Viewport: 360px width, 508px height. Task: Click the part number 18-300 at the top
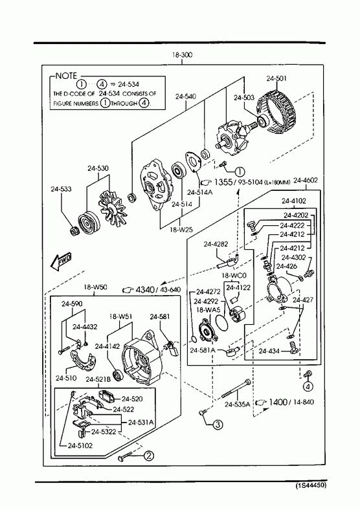(x=182, y=55)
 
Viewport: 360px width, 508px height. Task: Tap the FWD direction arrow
(x=61, y=261)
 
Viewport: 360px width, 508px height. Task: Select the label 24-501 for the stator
(x=276, y=78)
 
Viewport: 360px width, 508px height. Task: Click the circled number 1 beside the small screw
(x=240, y=171)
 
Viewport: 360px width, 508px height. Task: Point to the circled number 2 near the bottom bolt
(x=148, y=456)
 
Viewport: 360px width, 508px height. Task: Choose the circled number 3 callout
(x=218, y=424)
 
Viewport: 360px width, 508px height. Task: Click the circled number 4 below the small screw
(x=308, y=386)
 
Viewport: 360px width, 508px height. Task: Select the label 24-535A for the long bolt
(x=238, y=404)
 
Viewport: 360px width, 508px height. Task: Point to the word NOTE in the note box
(x=66, y=76)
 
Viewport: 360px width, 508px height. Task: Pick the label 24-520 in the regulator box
(x=132, y=399)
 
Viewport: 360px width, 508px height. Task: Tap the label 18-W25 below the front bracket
(x=181, y=229)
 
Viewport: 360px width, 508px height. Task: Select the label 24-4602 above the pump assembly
(x=305, y=180)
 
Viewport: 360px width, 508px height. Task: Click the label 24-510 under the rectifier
(x=66, y=378)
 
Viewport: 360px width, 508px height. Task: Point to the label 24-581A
(x=203, y=350)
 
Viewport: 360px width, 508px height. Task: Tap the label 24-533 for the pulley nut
(x=61, y=189)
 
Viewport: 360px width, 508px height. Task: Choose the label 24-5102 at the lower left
(x=80, y=445)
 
